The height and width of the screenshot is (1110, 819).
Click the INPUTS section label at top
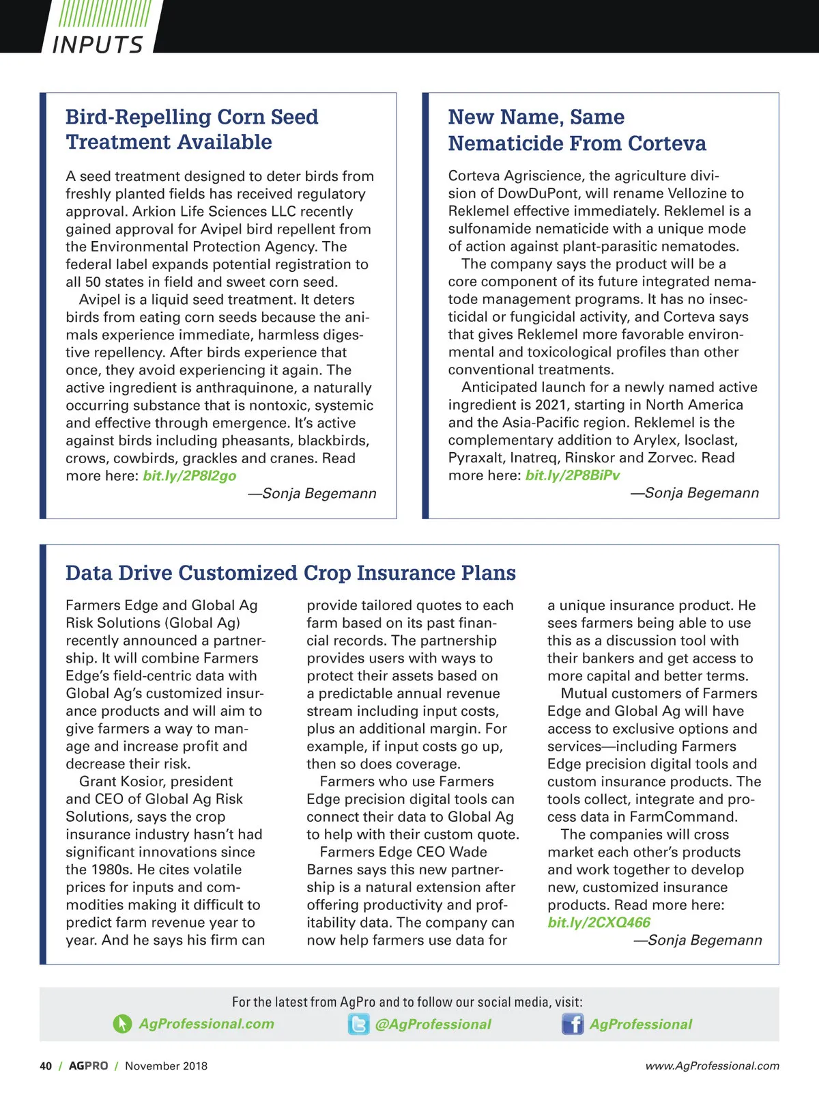(98, 44)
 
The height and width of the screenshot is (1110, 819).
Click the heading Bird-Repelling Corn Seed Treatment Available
(192, 129)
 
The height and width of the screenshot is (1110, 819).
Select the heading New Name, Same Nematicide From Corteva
(577, 130)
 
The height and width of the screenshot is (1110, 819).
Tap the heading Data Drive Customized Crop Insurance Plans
(290, 572)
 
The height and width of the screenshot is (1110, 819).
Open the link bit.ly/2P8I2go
(190, 475)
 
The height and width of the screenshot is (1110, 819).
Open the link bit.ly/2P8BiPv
(573, 475)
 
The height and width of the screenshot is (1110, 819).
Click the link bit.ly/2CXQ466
(599, 922)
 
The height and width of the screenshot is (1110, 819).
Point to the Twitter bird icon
(358, 1024)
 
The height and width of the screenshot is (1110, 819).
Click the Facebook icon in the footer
(573, 1024)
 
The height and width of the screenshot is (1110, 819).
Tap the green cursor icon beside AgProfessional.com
(122, 1024)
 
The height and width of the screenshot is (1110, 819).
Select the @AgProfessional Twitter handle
(433, 1024)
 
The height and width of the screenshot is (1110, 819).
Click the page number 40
(46, 1066)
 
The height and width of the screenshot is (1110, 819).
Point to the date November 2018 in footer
(166, 1066)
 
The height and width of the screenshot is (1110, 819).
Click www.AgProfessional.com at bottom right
(712, 1066)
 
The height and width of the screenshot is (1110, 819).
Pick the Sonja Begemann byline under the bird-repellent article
(312, 493)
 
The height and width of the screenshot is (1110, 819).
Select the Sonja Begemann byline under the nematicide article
(694, 492)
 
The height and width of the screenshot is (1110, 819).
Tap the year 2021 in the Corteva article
(552, 404)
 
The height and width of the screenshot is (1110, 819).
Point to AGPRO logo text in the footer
(88, 1066)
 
